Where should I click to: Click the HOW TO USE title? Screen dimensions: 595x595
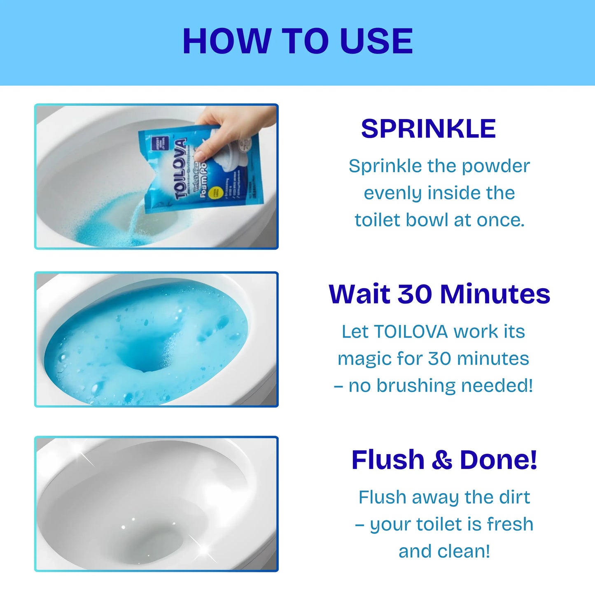297,41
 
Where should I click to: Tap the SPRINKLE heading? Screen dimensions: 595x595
428,129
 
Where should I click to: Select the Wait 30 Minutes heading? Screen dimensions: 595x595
439,294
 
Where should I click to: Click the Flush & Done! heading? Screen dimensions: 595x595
444,460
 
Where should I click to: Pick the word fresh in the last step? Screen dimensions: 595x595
510,525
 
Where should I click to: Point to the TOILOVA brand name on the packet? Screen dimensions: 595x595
181,169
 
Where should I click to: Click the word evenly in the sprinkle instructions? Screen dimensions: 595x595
387,194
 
